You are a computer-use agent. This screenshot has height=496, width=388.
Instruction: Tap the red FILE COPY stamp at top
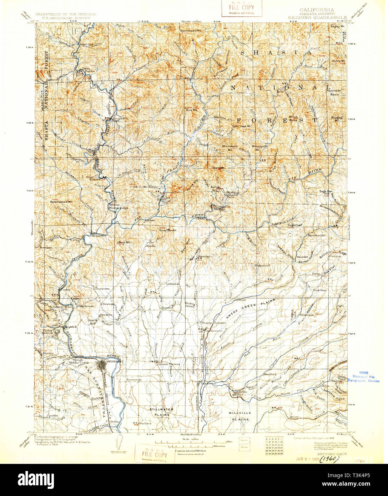[x=242, y=8]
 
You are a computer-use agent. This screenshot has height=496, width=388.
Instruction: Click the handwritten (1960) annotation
[x=329, y=458]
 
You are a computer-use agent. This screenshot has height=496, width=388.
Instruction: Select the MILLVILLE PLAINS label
[x=240, y=416]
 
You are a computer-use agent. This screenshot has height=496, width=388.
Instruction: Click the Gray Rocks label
[x=168, y=230]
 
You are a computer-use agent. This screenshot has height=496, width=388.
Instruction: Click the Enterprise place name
[x=134, y=380]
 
